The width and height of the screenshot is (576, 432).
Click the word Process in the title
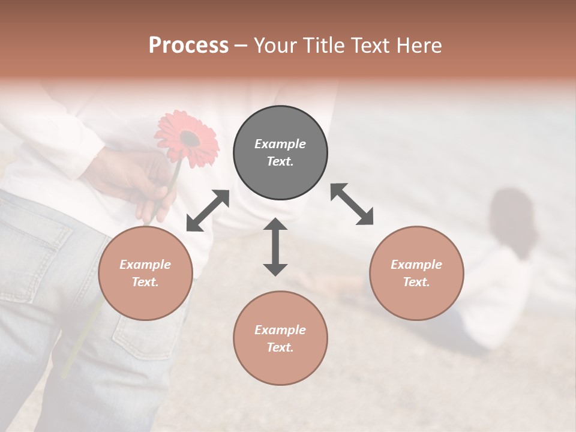188,45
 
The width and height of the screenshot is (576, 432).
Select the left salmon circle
145,273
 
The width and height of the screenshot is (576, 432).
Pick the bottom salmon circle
280,338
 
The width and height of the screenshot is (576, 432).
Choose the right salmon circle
416,273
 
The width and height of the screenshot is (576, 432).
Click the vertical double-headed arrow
275,247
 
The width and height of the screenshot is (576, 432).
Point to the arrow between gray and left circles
208,211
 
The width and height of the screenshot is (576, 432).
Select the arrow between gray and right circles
352,204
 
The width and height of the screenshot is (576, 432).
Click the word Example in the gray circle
280,144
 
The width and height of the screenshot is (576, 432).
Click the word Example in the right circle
416,265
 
